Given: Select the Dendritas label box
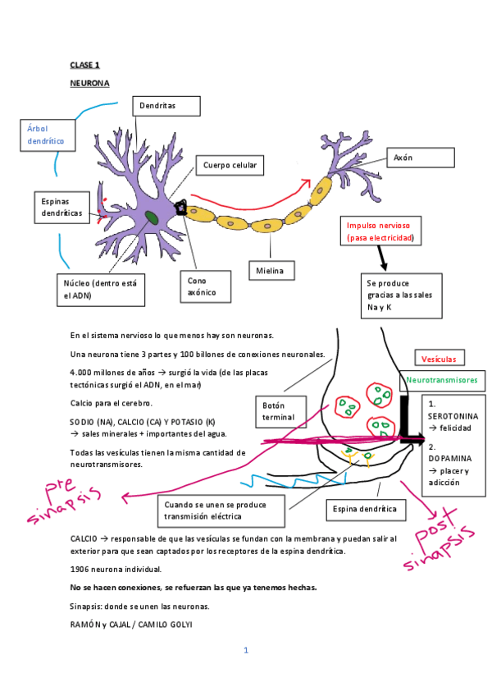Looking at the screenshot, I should [x=166, y=106].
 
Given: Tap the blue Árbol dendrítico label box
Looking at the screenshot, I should [x=46, y=135].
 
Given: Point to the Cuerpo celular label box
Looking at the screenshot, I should [x=230, y=166].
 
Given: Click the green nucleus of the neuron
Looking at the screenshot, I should [x=153, y=218].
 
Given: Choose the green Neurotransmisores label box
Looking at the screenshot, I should [x=441, y=380].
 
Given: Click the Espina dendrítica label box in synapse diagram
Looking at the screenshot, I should [x=365, y=509].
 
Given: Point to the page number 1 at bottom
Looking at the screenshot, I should [x=245, y=650].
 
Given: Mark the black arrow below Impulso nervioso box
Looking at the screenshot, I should [x=381, y=259].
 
